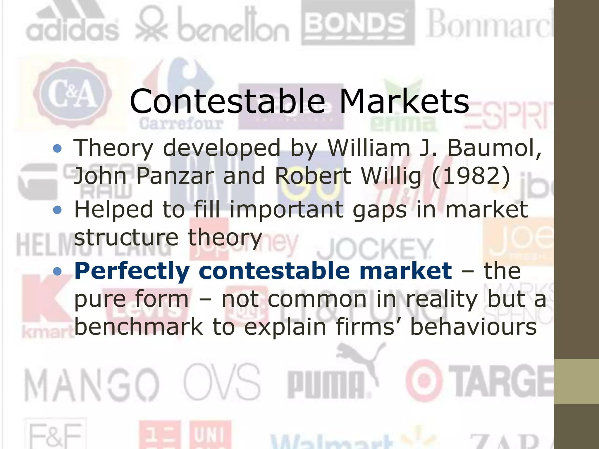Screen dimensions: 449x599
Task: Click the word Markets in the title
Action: (404, 101)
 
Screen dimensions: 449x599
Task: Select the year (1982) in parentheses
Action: (471, 176)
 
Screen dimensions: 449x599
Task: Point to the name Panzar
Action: (175, 176)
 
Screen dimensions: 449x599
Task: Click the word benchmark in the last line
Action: (139, 327)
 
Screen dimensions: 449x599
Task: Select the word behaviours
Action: (473, 327)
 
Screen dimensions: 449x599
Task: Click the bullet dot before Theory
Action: (58, 148)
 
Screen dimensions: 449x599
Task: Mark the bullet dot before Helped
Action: (58, 210)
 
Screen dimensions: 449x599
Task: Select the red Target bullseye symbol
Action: (424, 382)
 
